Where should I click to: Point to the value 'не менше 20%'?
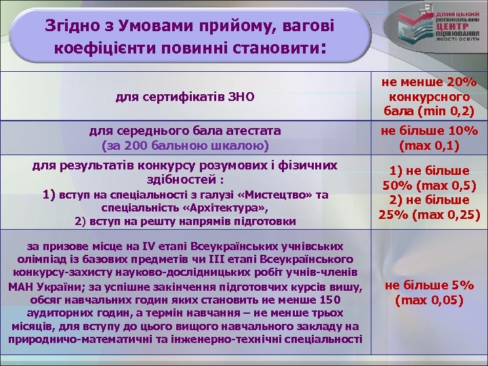click(x=429, y=82)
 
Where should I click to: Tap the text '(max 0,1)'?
click(x=429, y=145)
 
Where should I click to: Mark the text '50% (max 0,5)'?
click(x=429, y=186)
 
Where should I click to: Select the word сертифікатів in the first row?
click(x=178, y=97)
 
